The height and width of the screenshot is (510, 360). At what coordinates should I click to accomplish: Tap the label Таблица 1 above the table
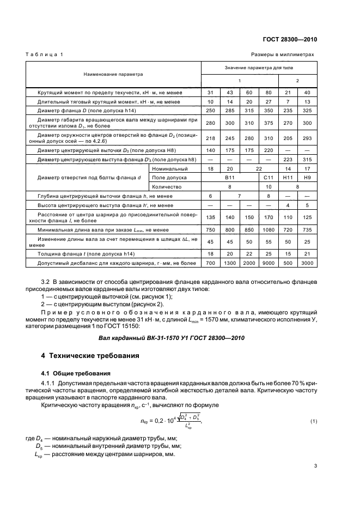pyautogui.click(x=44, y=55)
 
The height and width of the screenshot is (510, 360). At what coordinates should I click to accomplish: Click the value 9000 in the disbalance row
pyautogui.click(x=267, y=263)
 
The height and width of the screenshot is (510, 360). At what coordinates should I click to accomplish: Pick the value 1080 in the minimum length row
pyautogui.click(x=267, y=230)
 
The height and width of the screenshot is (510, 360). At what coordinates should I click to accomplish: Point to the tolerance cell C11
pyautogui.click(x=267, y=178)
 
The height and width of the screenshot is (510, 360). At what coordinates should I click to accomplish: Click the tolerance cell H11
pyautogui.click(x=288, y=178)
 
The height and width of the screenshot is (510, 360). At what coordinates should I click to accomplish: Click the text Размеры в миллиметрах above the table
pyautogui.click(x=283, y=55)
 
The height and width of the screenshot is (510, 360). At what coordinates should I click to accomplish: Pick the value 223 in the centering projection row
pyautogui.click(x=288, y=159)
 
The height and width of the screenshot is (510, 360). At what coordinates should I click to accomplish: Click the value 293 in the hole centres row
pyautogui.click(x=308, y=138)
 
